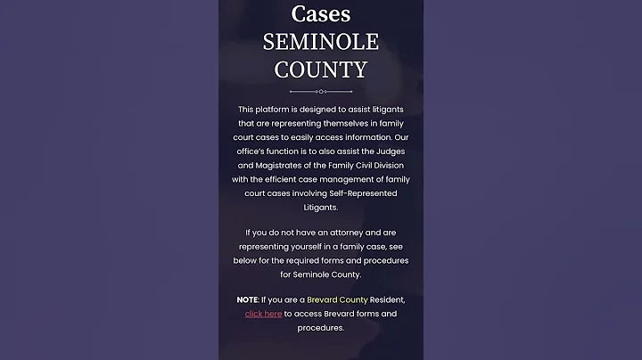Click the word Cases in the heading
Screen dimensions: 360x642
(x=321, y=14)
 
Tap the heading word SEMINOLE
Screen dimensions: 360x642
(x=321, y=42)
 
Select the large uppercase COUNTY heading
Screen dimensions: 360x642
(x=321, y=70)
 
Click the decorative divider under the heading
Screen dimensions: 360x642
(x=321, y=91)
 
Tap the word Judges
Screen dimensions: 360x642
(x=385, y=151)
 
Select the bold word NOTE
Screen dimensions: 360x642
(x=247, y=299)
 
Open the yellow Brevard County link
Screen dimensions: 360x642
(x=337, y=299)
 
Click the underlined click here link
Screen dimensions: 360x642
(x=264, y=314)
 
